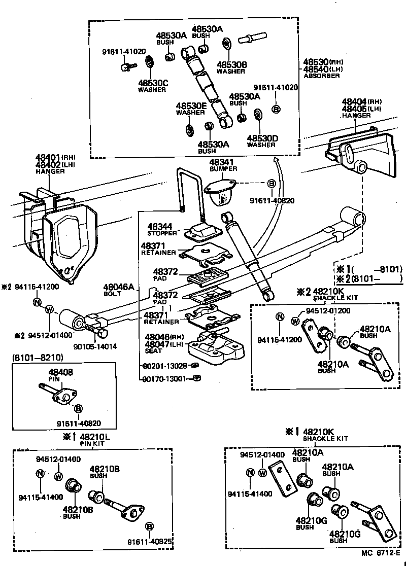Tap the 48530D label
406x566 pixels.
click(262, 138)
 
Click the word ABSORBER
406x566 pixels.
click(322, 76)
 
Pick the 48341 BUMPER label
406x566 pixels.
click(220, 165)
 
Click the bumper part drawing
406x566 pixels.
click(220, 190)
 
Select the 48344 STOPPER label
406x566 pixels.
click(162, 229)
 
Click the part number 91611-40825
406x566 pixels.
click(151, 542)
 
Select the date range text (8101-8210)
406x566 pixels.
click(37, 358)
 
